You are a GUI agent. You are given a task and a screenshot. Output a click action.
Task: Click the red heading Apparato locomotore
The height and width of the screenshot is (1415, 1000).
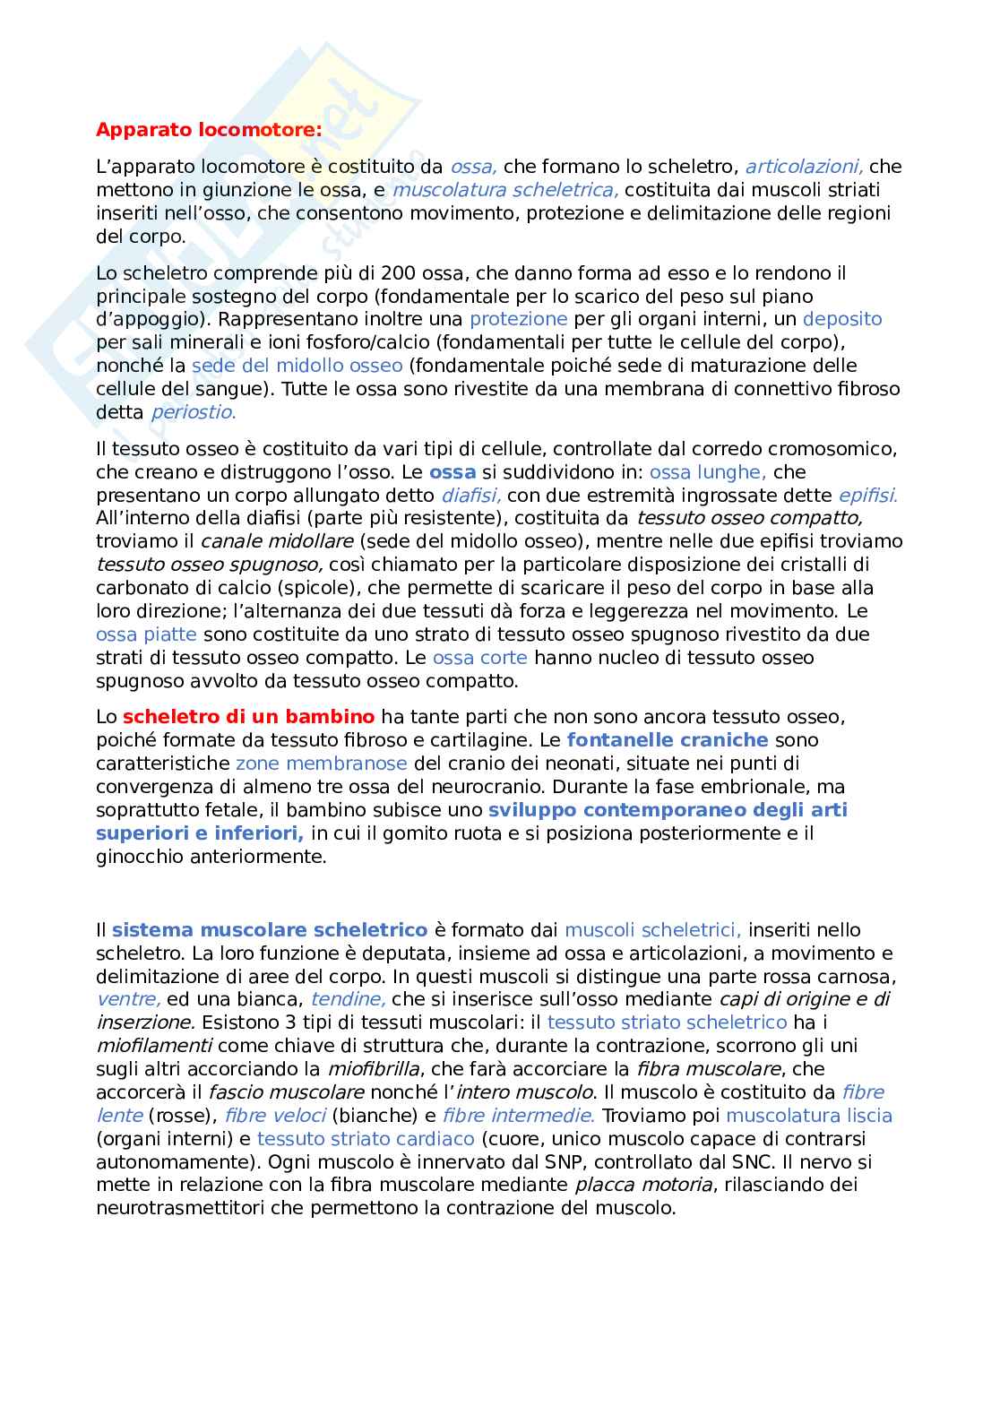click(208, 130)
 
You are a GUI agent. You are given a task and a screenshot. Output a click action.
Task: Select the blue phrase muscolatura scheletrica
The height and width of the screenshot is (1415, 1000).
click(505, 190)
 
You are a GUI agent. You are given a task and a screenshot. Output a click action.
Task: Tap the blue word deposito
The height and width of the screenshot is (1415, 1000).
click(842, 319)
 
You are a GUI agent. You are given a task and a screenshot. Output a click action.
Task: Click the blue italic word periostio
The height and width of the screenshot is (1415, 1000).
click(193, 412)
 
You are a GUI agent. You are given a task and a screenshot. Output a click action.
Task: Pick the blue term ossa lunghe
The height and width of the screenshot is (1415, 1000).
click(707, 472)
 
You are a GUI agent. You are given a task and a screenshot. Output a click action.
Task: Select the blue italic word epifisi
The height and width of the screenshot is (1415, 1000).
click(867, 496)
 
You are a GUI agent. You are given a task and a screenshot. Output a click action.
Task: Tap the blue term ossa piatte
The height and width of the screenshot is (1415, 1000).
click(146, 634)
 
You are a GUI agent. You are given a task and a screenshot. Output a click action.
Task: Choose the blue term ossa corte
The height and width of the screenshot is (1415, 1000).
click(479, 658)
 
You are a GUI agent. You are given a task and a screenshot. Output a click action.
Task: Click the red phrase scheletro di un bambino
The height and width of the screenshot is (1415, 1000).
click(248, 717)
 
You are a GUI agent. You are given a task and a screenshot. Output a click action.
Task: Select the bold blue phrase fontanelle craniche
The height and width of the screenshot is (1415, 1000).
click(668, 740)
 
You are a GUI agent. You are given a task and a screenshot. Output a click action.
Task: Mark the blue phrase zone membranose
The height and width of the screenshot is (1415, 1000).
click(321, 764)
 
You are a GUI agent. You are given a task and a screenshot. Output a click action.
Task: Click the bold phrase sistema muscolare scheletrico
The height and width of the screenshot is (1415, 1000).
click(269, 930)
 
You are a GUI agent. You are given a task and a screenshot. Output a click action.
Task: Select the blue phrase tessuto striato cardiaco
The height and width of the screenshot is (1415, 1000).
click(366, 1139)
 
